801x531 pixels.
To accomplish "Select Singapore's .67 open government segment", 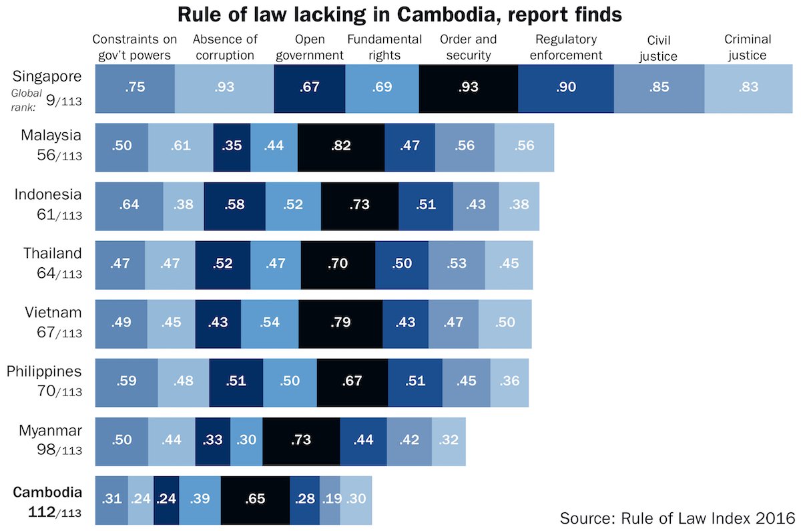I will [309, 90].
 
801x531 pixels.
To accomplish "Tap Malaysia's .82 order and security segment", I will [340, 146].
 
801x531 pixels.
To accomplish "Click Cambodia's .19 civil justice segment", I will [330, 499].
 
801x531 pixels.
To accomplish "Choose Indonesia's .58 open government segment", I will [234, 205].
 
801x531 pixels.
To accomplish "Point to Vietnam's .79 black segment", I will [340, 323].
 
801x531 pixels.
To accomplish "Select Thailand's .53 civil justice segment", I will [457, 264].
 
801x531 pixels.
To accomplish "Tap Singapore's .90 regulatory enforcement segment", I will [565, 90].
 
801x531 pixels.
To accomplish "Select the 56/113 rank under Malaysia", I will [59, 154].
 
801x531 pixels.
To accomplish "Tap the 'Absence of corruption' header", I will [223, 47].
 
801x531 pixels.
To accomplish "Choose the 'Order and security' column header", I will [469, 47].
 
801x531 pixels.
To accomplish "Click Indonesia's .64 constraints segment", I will [129, 205].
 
